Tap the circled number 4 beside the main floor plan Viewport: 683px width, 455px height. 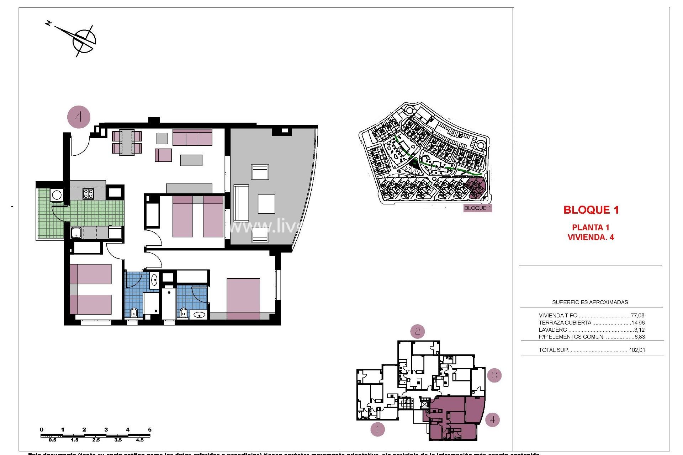(x=79, y=117)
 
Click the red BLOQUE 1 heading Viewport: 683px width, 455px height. (x=591, y=210)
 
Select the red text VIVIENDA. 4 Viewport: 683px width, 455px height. (x=591, y=237)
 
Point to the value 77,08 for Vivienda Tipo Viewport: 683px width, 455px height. (x=637, y=316)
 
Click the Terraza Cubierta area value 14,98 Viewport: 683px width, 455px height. (x=637, y=323)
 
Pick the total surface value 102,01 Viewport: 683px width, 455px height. (x=637, y=350)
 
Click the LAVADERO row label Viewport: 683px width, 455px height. (x=553, y=330)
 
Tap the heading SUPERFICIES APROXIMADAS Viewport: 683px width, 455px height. (x=590, y=303)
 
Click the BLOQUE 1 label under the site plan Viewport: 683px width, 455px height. (x=477, y=208)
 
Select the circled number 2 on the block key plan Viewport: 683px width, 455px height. (x=417, y=332)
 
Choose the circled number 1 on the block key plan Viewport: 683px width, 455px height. (x=377, y=429)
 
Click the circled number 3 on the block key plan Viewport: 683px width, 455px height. (x=494, y=375)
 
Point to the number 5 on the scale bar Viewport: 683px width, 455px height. (x=150, y=430)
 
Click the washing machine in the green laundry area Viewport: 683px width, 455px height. (x=57, y=195)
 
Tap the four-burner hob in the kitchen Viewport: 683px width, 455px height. (x=88, y=194)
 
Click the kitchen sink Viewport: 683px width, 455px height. (x=76, y=233)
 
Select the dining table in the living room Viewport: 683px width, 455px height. (x=127, y=142)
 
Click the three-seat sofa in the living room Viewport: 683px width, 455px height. (x=192, y=137)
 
